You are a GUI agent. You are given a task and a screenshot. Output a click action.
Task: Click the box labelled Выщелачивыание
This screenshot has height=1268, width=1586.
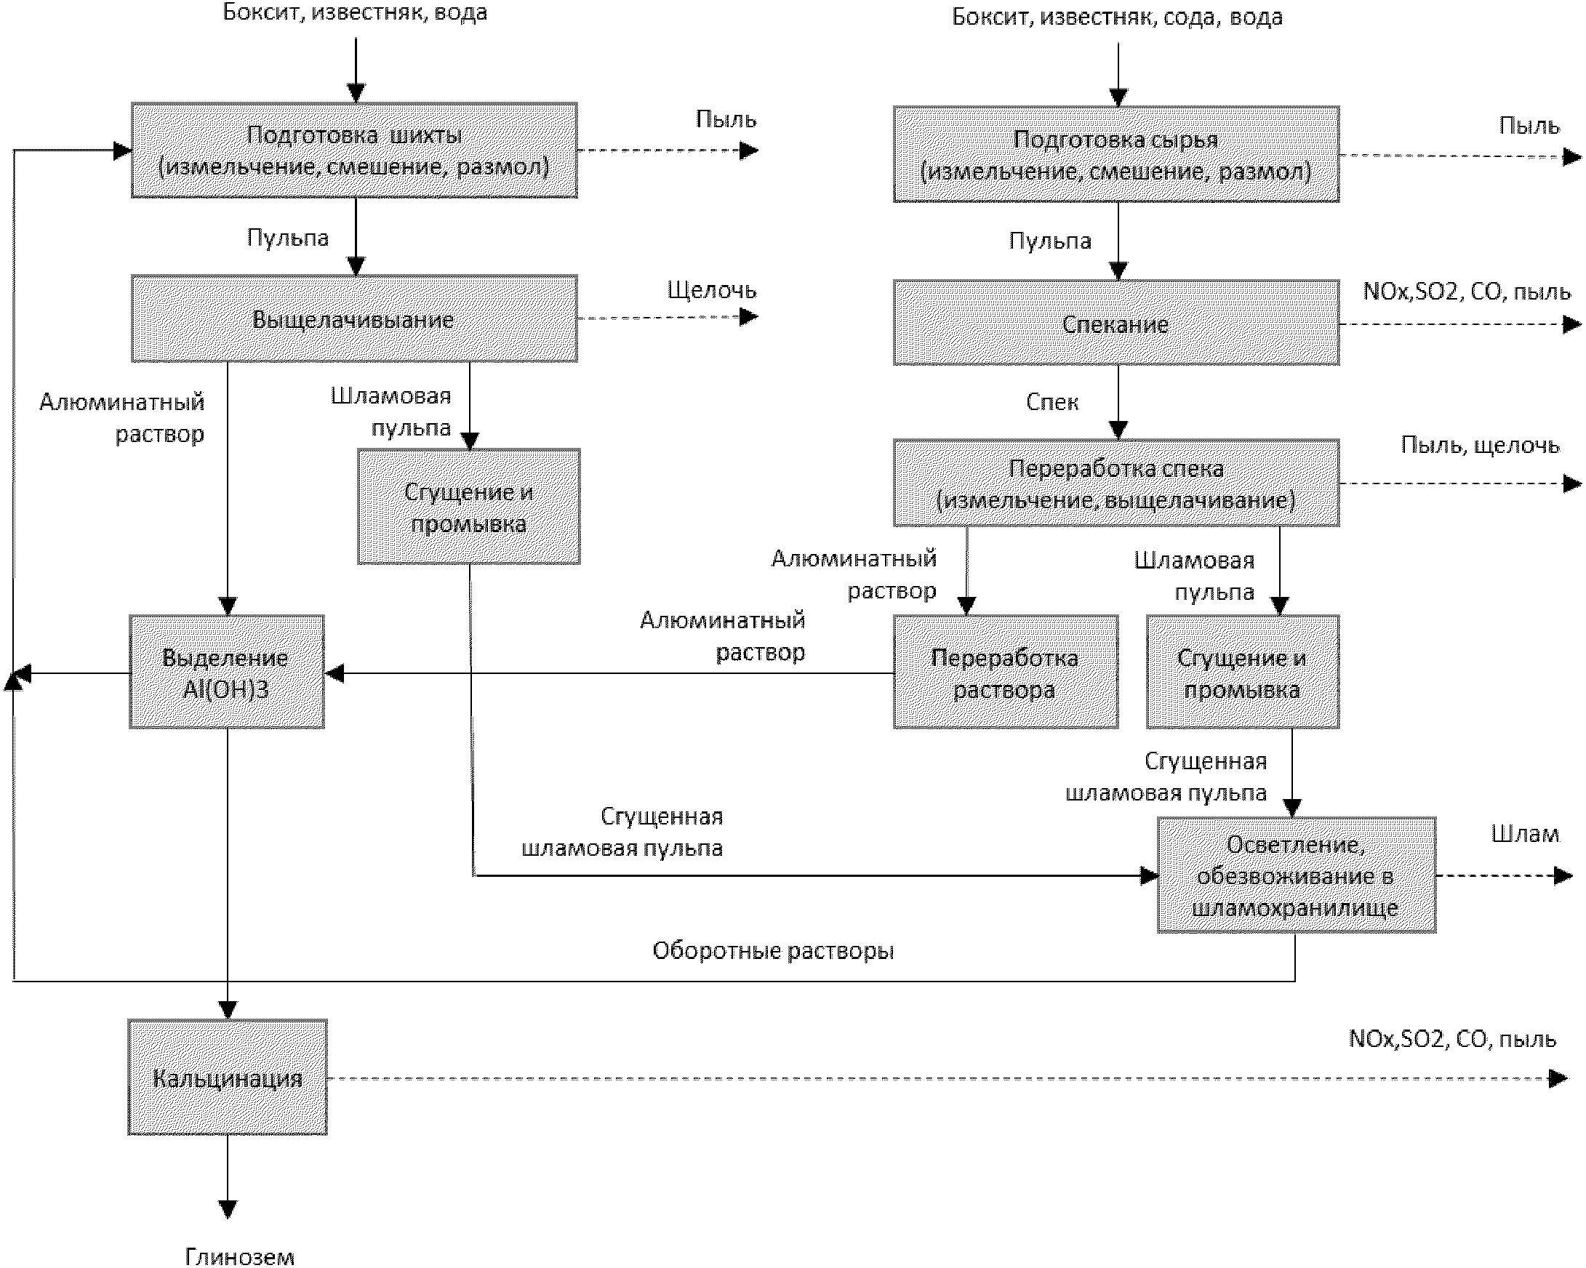click(x=354, y=318)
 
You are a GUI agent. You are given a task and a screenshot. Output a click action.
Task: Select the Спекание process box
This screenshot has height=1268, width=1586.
click(x=1116, y=323)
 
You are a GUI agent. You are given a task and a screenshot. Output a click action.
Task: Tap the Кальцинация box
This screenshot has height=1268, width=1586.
click(x=228, y=1077)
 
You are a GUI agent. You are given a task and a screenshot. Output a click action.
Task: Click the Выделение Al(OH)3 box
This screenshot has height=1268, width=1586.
click(x=227, y=672)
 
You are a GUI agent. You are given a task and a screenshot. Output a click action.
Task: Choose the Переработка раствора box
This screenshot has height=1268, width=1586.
click(x=1006, y=672)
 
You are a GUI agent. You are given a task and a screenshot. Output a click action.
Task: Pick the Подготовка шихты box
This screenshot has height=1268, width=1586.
click(x=354, y=150)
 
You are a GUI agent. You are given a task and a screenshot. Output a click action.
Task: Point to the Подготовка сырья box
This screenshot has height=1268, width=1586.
click(x=1116, y=154)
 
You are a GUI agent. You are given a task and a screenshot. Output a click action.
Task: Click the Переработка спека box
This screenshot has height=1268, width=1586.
click(x=1116, y=483)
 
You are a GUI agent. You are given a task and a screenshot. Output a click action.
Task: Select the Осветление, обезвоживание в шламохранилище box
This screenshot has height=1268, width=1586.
click(x=1296, y=875)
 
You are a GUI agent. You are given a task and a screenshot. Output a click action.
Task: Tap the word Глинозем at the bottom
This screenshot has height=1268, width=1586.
click(x=240, y=1256)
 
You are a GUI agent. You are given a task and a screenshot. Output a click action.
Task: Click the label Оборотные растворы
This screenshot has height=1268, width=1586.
click(x=773, y=951)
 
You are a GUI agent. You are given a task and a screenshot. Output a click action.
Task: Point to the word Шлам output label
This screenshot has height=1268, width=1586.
click(x=1525, y=834)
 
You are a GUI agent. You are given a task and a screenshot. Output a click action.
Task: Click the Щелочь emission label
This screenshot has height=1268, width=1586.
click(x=711, y=291)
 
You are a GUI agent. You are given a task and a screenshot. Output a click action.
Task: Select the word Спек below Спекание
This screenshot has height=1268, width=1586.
click(x=1052, y=401)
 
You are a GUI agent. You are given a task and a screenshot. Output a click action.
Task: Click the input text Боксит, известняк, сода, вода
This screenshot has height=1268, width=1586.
click(x=1118, y=17)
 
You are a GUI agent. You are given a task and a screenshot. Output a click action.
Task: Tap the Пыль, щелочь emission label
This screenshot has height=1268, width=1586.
click(x=1480, y=445)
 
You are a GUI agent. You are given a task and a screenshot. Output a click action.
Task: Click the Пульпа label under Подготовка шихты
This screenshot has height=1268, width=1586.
click(x=288, y=238)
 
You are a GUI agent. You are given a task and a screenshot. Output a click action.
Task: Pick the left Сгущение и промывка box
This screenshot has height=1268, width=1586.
click(x=468, y=507)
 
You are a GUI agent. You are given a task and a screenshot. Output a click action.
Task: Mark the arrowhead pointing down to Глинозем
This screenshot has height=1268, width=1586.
click(x=228, y=1210)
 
